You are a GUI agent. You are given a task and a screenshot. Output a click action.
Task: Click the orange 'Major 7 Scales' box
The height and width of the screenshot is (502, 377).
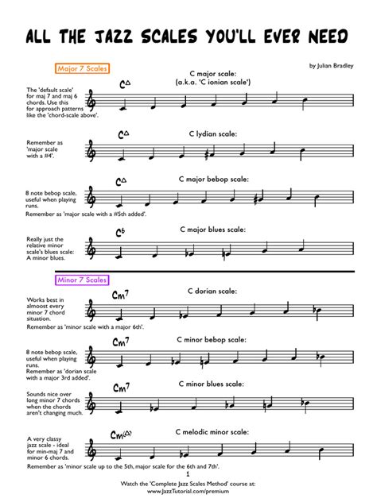83,69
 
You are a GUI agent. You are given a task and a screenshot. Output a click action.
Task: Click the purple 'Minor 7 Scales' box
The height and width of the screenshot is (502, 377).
82,280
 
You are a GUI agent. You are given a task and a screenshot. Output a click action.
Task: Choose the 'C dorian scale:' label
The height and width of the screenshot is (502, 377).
215,292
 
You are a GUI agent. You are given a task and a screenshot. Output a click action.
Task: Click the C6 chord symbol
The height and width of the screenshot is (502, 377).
121,232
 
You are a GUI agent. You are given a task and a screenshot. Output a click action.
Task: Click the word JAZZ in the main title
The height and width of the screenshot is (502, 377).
117,37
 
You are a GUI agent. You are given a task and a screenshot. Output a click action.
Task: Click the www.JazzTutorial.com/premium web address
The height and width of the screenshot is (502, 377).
188,492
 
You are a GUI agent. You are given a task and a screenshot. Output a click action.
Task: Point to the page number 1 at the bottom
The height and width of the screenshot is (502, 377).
188,475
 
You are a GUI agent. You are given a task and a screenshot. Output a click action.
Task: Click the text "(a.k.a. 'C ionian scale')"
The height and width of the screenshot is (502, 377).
215,81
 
